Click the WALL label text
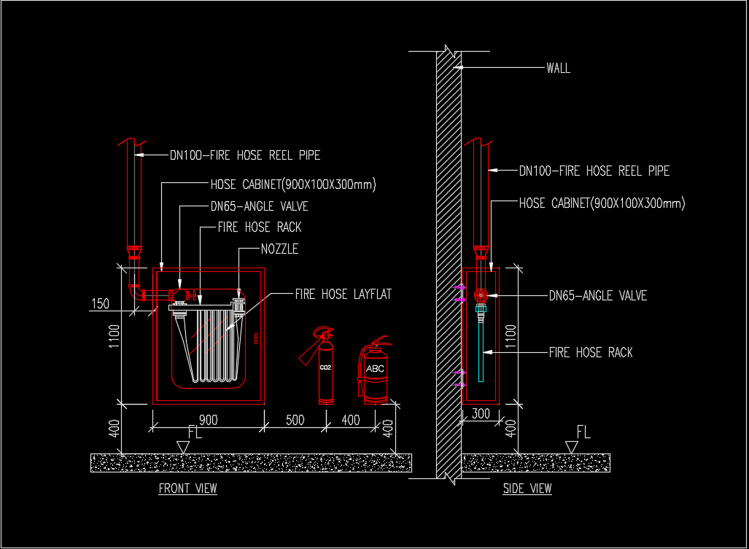tap(558, 69)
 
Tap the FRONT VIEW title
tap(187, 488)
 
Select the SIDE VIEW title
tap(527, 488)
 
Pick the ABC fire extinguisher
tap(375, 373)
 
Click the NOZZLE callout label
tap(279, 249)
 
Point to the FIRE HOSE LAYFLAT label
tap(343, 295)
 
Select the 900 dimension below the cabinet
tap(208, 420)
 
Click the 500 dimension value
tap(295, 420)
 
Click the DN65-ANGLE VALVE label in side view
tap(597, 296)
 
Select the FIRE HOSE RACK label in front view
tap(260, 227)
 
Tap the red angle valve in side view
tap(481, 295)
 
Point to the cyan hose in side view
tap(481, 350)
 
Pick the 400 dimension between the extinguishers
tap(351, 420)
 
